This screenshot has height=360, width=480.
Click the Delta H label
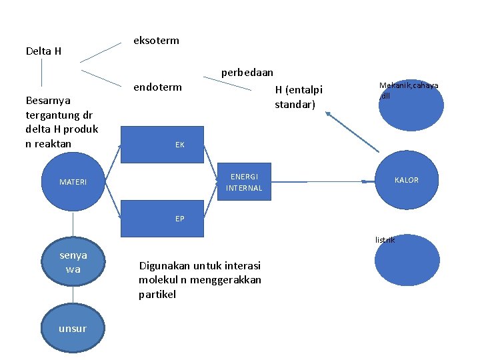43,51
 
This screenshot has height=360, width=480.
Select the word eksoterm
156,41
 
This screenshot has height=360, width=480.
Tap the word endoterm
157,87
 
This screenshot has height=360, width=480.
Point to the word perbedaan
247,72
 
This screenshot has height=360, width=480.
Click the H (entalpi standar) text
299,97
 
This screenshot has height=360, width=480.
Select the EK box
162,144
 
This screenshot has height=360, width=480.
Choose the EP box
162,219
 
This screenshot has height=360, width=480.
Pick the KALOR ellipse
406,181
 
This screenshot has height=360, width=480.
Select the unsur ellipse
72,328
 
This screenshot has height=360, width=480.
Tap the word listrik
385,239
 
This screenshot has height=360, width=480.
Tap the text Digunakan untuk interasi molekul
199,279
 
